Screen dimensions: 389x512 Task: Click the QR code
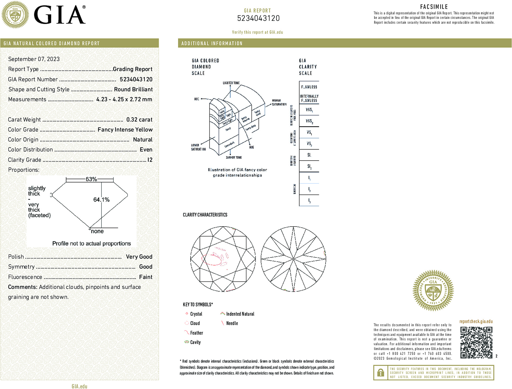tap(476, 342)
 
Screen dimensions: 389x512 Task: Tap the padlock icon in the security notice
tap(381, 373)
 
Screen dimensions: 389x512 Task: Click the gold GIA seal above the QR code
tap(433, 291)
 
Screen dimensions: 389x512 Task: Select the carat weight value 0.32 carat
tap(139, 120)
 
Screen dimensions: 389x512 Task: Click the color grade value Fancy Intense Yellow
tap(125, 130)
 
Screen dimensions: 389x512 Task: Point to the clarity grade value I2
tap(150, 160)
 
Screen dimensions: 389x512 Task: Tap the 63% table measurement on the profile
tap(91, 179)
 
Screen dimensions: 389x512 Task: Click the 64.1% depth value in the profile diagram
tap(101, 200)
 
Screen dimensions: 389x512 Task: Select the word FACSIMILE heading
tap(434, 7)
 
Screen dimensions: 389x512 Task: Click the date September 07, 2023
tap(34, 59)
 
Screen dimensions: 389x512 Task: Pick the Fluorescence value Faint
tap(146, 277)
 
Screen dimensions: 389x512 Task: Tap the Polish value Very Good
tap(139, 257)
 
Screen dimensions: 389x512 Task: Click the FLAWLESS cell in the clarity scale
tap(309, 87)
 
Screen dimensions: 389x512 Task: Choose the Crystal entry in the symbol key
tap(196, 314)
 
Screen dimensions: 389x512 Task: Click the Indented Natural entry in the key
tap(240, 314)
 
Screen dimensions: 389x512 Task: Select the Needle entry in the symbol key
tap(232, 323)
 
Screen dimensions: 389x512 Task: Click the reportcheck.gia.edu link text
tap(476, 321)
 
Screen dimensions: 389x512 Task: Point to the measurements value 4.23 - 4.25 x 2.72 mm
tap(124, 99)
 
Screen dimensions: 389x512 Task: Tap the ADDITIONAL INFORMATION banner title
tap(212, 43)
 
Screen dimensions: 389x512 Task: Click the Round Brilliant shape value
tap(133, 89)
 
